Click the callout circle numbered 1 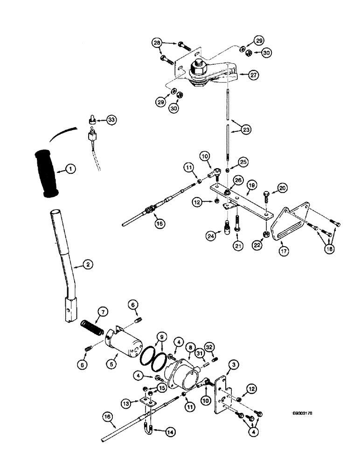[x=70, y=170]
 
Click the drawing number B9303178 [x=305, y=413]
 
